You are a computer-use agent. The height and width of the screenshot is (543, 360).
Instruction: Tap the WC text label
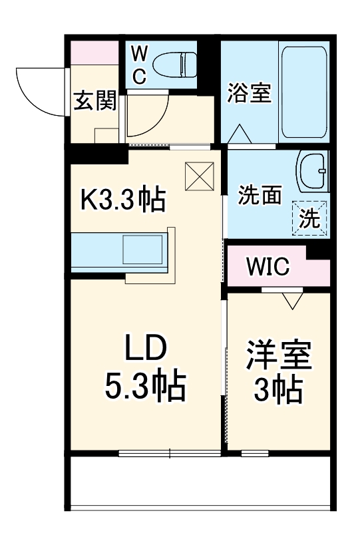[138, 65]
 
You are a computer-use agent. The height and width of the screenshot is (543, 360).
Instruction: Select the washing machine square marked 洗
[309, 218]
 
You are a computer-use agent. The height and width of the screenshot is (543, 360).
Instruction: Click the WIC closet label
[268, 268]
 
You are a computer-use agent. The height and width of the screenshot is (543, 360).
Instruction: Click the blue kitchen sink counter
[120, 250]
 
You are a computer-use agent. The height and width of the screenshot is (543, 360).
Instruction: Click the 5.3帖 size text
[144, 387]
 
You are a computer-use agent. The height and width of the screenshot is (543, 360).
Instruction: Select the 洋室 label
[279, 356]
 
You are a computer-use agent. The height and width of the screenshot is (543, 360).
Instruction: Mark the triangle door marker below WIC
[291, 300]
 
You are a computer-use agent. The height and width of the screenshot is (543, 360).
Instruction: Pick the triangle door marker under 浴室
[240, 134]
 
